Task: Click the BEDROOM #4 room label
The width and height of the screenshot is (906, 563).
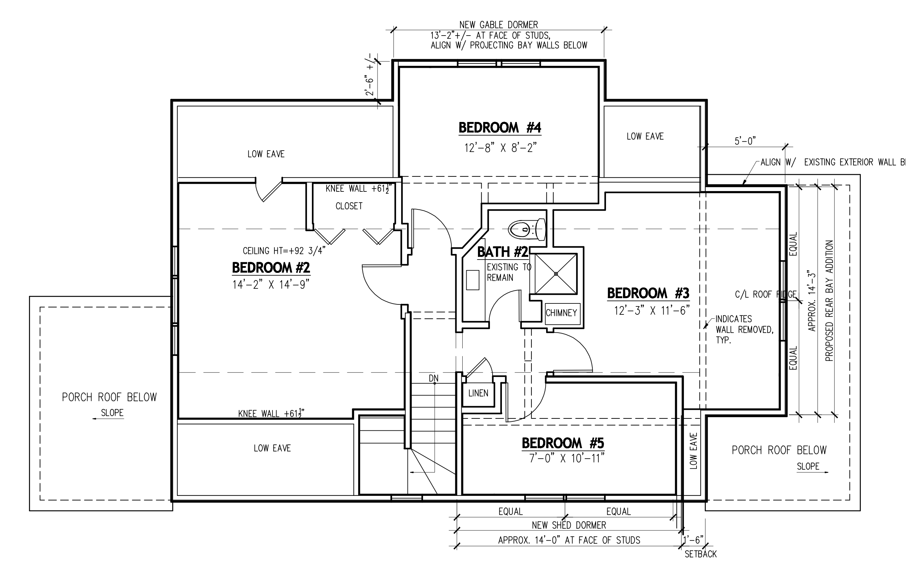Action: click(x=500, y=128)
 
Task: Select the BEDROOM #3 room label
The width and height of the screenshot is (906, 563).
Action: click(x=648, y=293)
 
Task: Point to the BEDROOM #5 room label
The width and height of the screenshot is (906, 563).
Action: click(x=562, y=443)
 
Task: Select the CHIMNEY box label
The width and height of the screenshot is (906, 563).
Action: click(x=561, y=313)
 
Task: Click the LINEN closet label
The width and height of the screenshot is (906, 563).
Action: click(x=478, y=393)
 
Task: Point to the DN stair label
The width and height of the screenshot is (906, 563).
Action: click(x=434, y=379)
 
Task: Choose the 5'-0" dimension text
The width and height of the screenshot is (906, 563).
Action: click(x=745, y=141)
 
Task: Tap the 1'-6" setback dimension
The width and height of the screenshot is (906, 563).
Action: click(x=693, y=539)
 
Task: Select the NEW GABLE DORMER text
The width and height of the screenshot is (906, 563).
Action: click(x=499, y=25)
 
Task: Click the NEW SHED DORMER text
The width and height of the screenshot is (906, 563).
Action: click(x=569, y=525)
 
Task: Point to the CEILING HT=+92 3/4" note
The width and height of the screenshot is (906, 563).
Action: click(x=284, y=251)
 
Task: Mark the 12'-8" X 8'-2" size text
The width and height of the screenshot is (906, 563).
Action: click(x=500, y=148)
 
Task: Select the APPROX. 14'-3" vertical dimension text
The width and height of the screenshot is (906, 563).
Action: click(x=812, y=301)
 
